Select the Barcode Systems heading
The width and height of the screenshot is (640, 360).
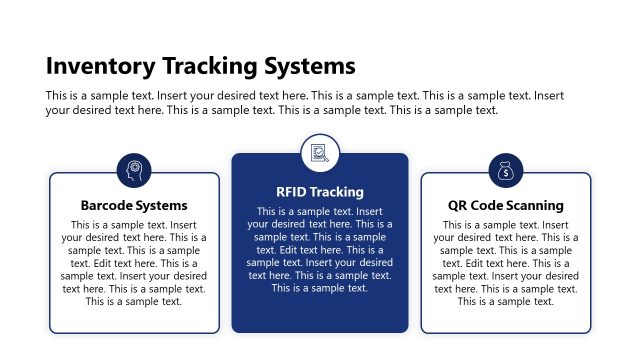pos(134,206)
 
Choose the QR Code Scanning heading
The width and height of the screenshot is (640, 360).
pos(505,206)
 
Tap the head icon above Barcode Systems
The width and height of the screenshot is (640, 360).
pos(134,171)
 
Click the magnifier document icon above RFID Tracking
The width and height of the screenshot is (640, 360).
pos(320,153)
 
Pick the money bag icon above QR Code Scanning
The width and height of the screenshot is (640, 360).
pos(506,171)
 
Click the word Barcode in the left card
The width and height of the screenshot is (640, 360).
pos(108,206)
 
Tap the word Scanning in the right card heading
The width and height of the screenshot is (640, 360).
pos(535,206)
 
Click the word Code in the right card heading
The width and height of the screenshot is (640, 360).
pos(487,206)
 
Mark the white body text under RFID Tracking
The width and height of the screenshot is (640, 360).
pos(320,249)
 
